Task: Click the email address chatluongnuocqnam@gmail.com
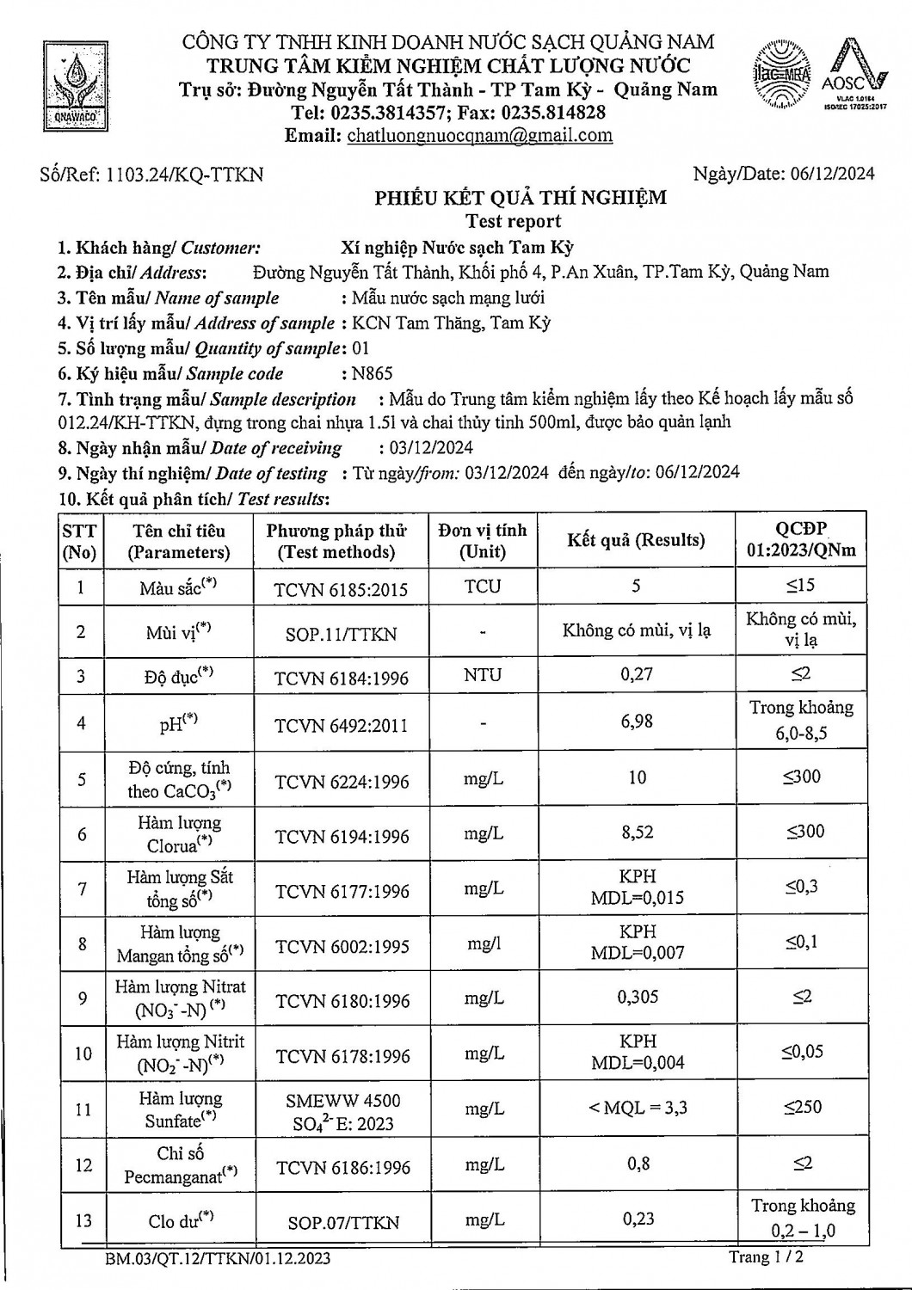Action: (x=479, y=135)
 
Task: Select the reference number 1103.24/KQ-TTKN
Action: (x=184, y=175)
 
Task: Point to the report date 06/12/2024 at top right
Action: (x=830, y=174)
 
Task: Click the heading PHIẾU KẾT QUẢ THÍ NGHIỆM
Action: (x=520, y=198)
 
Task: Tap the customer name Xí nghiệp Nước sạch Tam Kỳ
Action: (x=456, y=248)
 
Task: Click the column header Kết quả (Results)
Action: (x=636, y=540)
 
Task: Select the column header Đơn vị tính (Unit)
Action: (x=482, y=541)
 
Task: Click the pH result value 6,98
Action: (x=637, y=721)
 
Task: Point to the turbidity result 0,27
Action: (x=637, y=674)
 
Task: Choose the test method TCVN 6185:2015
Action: (x=341, y=589)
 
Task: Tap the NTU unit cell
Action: (x=482, y=675)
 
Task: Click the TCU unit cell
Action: (x=482, y=587)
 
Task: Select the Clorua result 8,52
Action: (x=637, y=832)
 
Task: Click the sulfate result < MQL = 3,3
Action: (x=638, y=1108)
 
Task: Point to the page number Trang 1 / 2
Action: (x=766, y=1256)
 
